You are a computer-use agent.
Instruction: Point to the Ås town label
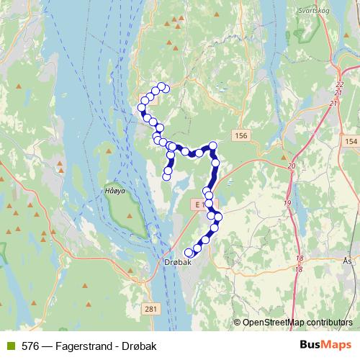pyautogui.click(x=348, y=261)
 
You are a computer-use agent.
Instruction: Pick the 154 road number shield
pyautogui.click(x=351, y=141)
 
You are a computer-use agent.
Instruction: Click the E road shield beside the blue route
pyautogui.click(x=196, y=205)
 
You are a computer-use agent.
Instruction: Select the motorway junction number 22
pyautogui.click(x=340, y=85)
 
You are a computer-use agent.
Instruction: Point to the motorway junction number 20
pyautogui.click(x=292, y=166)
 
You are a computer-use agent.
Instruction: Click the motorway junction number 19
pyautogui.click(x=287, y=204)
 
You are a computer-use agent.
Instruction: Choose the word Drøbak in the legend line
pyautogui.click(x=138, y=345)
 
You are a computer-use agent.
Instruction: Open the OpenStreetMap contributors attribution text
pyautogui.click(x=297, y=322)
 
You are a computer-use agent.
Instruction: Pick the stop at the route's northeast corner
pyautogui.click(x=213, y=146)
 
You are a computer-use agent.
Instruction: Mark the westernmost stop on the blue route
pyautogui.click(x=141, y=108)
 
